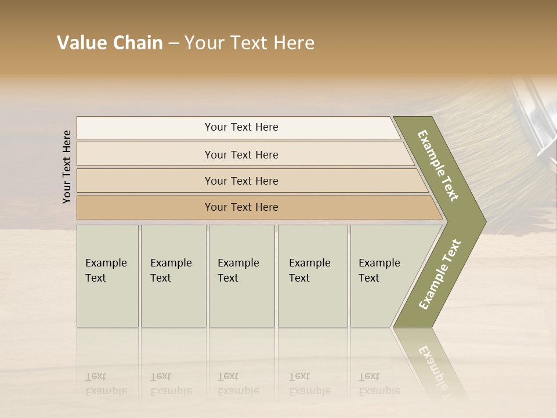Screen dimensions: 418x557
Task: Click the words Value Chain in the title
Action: (x=110, y=43)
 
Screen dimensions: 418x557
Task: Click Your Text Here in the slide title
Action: (x=249, y=43)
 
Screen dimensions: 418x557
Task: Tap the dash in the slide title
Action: (x=173, y=44)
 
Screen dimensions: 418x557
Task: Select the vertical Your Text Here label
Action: (x=67, y=167)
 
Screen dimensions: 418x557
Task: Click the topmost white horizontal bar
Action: (x=241, y=127)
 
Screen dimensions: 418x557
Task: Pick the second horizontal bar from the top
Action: (x=241, y=154)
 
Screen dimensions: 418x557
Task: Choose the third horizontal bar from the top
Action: (x=241, y=181)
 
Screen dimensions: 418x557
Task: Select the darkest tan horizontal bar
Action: (x=241, y=207)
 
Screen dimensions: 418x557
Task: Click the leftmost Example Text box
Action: (x=107, y=276)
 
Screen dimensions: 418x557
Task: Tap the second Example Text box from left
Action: (x=173, y=276)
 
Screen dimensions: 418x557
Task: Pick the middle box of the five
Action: (x=241, y=276)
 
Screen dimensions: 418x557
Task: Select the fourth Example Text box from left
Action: (x=313, y=276)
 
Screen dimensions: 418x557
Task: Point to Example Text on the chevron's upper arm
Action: (x=438, y=165)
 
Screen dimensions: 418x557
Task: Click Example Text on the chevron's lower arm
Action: (x=439, y=275)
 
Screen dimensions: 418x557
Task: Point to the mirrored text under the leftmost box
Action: (x=106, y=384)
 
